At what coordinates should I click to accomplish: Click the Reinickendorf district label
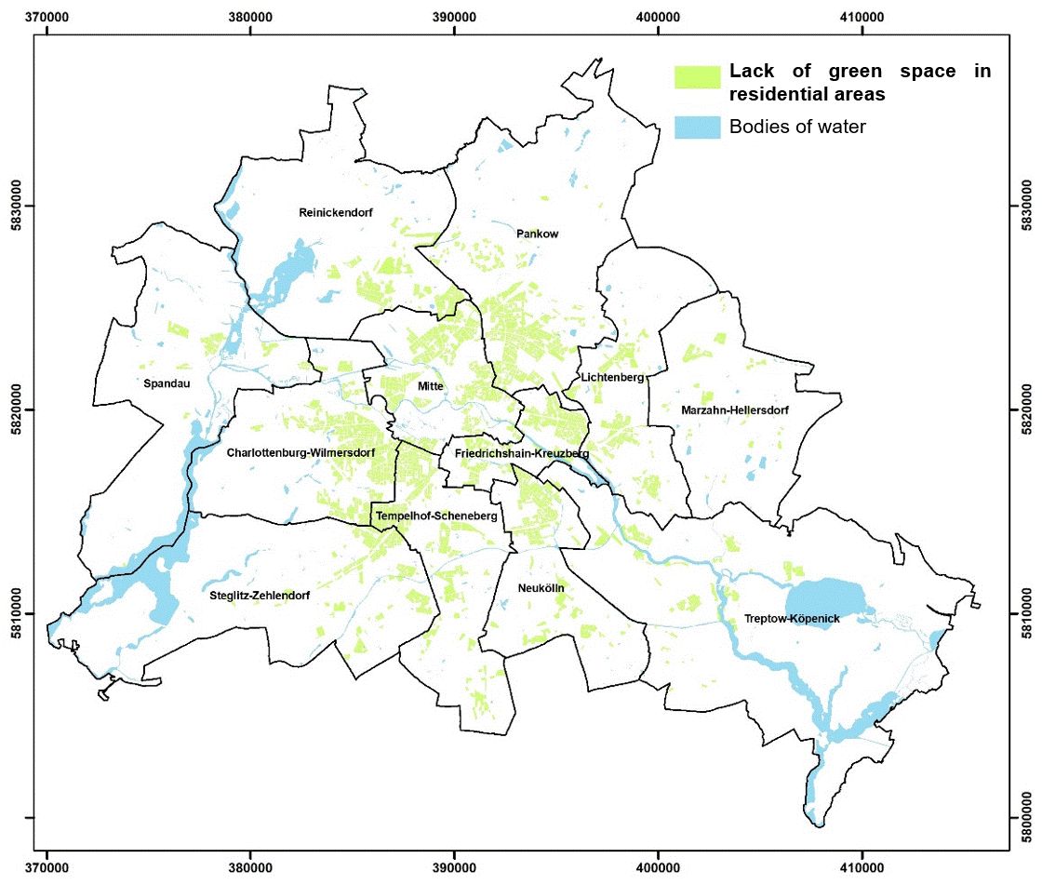click(335, 213)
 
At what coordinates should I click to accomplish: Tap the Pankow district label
click(537, 235)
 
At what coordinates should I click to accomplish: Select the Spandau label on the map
click(167, 382)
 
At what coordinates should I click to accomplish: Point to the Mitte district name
click(431, 386)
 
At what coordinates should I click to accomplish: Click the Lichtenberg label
click(611, 378)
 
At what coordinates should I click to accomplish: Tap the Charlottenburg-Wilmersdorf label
click(301, 453)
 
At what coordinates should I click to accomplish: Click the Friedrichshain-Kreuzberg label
click(522, 453)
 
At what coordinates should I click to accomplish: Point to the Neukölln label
click(541, 589)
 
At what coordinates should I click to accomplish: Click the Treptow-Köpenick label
click(792, 619)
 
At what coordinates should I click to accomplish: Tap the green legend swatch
click(698, 77)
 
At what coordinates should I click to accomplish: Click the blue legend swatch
click(698, 127)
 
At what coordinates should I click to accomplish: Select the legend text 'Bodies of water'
click(797, 127)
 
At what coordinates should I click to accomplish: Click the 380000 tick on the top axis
click(250, 17)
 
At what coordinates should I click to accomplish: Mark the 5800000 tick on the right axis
click(1025, 818)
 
